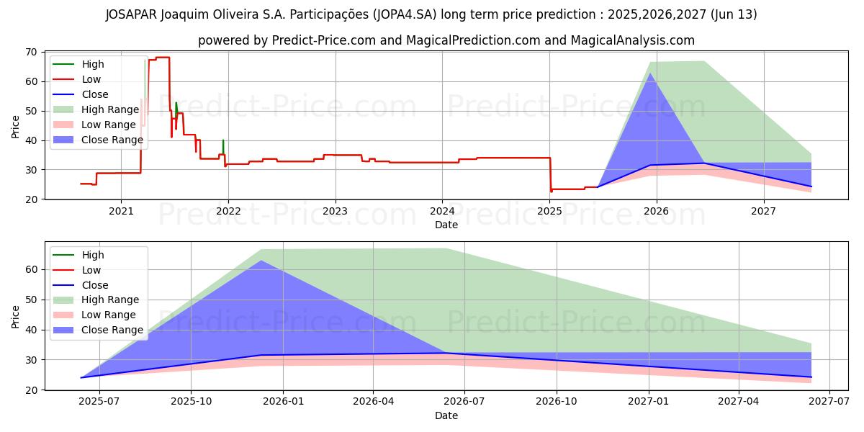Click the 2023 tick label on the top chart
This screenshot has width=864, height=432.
click(335, 211)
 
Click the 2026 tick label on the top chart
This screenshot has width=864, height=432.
click(656, 211)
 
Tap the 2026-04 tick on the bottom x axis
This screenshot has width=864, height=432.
click(373, 402)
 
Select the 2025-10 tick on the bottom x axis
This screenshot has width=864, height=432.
click(191, 402)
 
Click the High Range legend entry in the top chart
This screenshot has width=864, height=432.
click(109, 109)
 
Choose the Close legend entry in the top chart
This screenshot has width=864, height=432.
click(95, 94)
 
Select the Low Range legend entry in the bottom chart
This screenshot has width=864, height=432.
click(108, 315)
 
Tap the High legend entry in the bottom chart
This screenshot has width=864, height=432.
click(93, 255)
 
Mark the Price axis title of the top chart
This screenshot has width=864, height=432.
click(16, 125)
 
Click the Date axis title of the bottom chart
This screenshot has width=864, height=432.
click(446, 415)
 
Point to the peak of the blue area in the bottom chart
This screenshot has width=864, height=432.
click(261, 261)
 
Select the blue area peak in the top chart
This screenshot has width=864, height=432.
click(650, 73)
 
